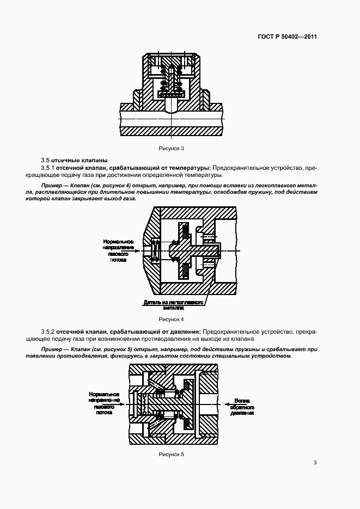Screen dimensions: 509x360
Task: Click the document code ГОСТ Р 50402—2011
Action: [287, 37]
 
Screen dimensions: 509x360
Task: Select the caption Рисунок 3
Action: [172, 148]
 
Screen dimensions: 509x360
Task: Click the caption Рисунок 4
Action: [172, 319]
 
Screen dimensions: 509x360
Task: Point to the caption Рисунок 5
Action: [172, 454]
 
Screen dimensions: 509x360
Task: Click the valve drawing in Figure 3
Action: [172, 95]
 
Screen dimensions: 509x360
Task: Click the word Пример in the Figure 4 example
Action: [52, 186]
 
